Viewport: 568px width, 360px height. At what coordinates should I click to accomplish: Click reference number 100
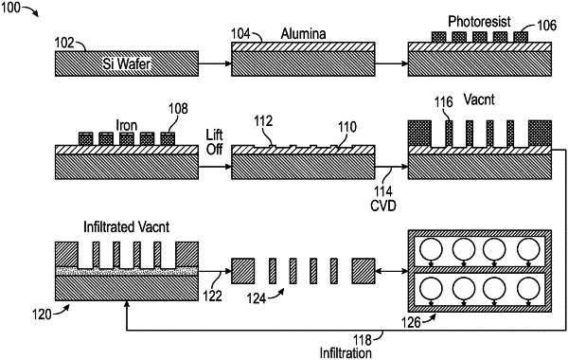10,8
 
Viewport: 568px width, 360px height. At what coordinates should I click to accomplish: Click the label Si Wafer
127,64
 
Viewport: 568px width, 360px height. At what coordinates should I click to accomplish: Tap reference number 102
63,43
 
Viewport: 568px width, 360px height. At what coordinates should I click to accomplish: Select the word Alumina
304,34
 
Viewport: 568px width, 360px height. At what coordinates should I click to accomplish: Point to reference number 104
240,34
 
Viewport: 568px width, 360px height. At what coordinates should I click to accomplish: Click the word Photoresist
479,22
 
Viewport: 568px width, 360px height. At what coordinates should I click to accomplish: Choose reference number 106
546,26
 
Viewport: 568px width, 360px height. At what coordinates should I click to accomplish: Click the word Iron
127,125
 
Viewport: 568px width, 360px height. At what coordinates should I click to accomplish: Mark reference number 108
178,108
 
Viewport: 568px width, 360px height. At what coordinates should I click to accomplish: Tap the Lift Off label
214,142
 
